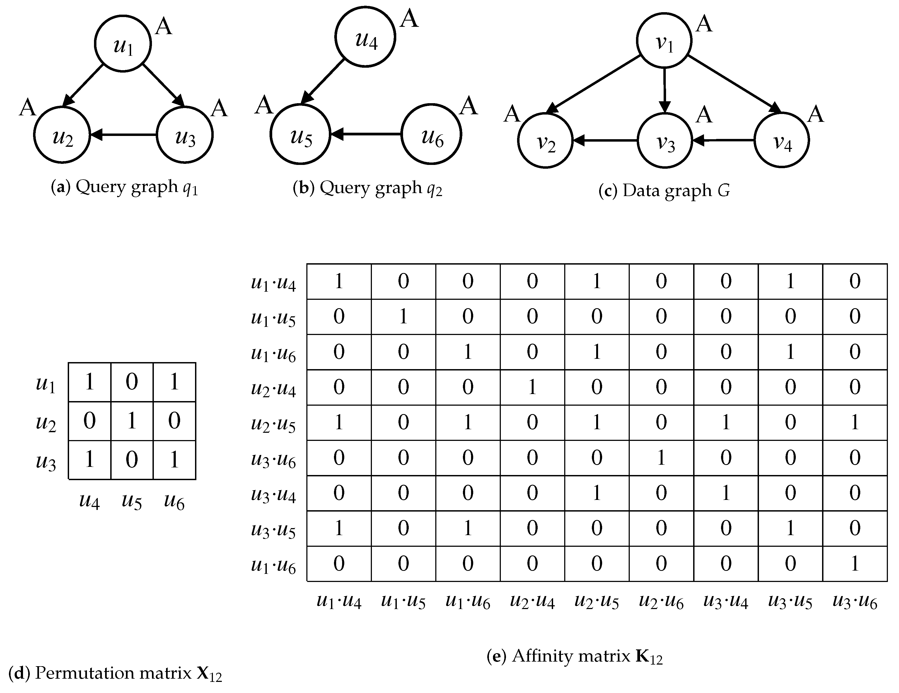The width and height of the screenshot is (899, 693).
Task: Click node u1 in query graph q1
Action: point(123,43)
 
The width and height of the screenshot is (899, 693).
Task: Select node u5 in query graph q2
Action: point(300,134)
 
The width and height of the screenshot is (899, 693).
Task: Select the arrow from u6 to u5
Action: point(365,134)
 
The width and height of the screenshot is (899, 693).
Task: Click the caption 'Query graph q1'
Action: point(124,188)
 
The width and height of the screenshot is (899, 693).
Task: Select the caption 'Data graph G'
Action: point(664,191)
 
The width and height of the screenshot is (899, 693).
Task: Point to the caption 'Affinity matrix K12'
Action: point(575,656)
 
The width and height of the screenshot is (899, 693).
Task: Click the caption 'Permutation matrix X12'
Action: point(115,674)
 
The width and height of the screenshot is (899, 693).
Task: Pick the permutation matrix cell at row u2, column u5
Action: point(132,421)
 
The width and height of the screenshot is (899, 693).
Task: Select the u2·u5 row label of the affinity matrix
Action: point(273,424)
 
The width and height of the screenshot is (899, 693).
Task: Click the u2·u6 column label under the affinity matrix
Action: point(661,602)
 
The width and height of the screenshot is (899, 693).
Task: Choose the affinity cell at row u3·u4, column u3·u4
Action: point(726,493)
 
